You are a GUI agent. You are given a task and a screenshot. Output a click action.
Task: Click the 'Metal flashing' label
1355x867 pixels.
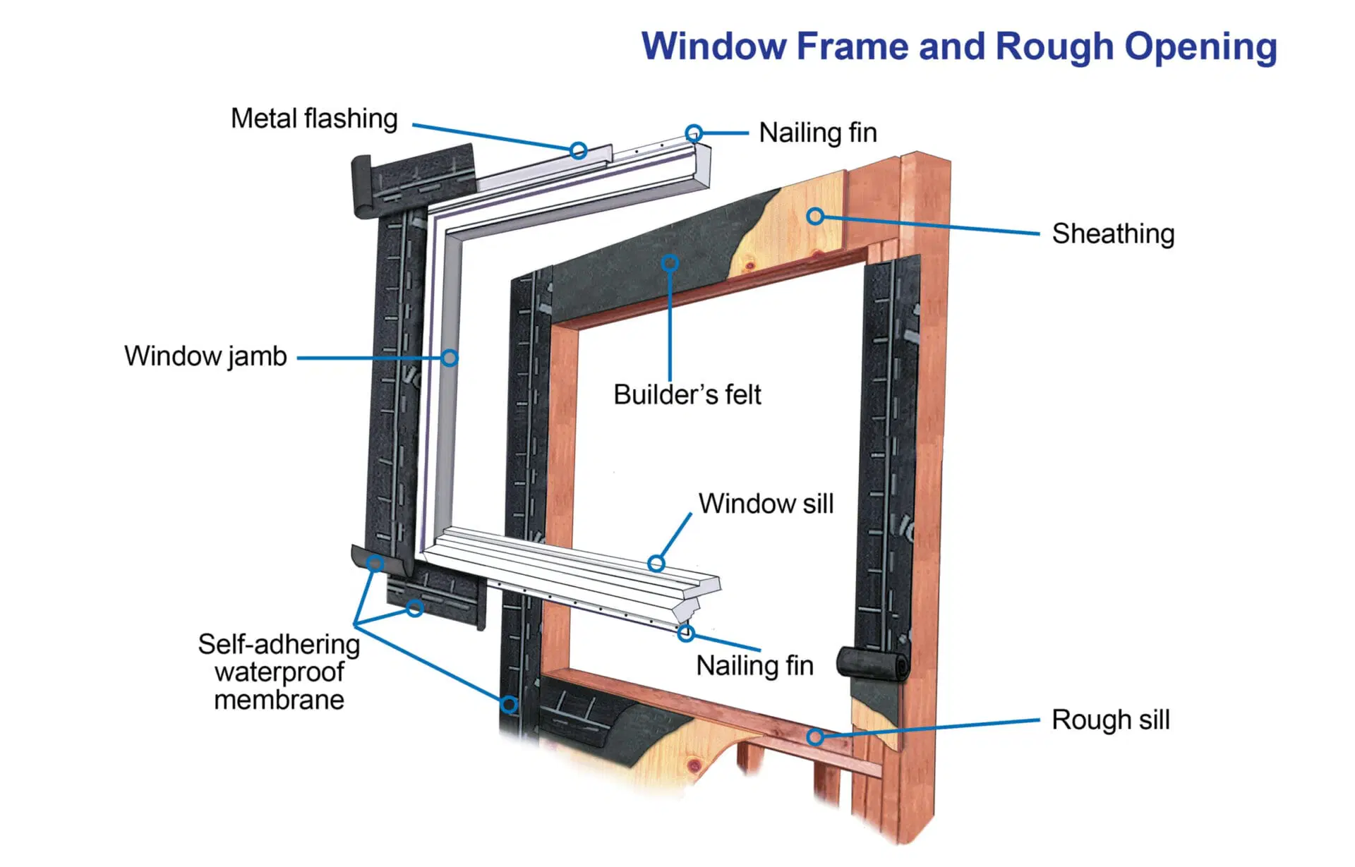click(x=314, y=119)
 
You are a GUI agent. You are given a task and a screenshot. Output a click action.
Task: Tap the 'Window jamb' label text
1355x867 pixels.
click(x=205, y=356)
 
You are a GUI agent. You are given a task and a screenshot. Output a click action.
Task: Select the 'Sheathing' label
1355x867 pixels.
click(x=1113, y=234)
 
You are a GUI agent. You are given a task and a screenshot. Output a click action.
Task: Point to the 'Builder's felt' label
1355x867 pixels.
click(x=687, y=394)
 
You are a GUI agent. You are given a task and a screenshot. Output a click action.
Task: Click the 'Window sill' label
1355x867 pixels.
click(x=766, y=504)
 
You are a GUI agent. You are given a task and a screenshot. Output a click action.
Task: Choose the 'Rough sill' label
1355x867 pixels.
click(x=1110, y=720)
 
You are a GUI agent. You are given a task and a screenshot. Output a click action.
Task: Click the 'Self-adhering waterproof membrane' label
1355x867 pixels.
click(x=279, y=672)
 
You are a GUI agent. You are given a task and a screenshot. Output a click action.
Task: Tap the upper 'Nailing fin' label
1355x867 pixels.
click(x=817, y=133)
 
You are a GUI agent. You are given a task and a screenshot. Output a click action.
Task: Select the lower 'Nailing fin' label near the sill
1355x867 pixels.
click(x=754, y=665)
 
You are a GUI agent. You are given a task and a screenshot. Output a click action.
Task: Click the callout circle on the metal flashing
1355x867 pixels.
click(x=579, y=150)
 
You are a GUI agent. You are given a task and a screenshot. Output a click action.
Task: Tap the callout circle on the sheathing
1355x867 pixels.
click(x=815, y=216)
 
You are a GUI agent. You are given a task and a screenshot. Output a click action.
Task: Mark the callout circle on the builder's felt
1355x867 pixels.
click(x=670, y=263)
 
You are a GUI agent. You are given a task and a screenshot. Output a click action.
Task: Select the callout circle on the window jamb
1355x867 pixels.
click(x=450, y=358)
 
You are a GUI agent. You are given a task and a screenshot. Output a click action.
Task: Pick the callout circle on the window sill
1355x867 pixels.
click(x=656, y=563)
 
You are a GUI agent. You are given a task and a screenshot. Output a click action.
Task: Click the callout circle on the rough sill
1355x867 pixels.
click(x=815, y=737)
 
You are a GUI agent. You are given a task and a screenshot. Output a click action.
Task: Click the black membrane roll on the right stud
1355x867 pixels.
click(x=873, y=663)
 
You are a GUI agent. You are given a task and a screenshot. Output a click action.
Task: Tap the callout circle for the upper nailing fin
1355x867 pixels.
click(x=694, y=133)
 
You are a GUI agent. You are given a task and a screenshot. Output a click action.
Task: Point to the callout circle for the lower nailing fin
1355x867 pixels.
click(x=685, y=633)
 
